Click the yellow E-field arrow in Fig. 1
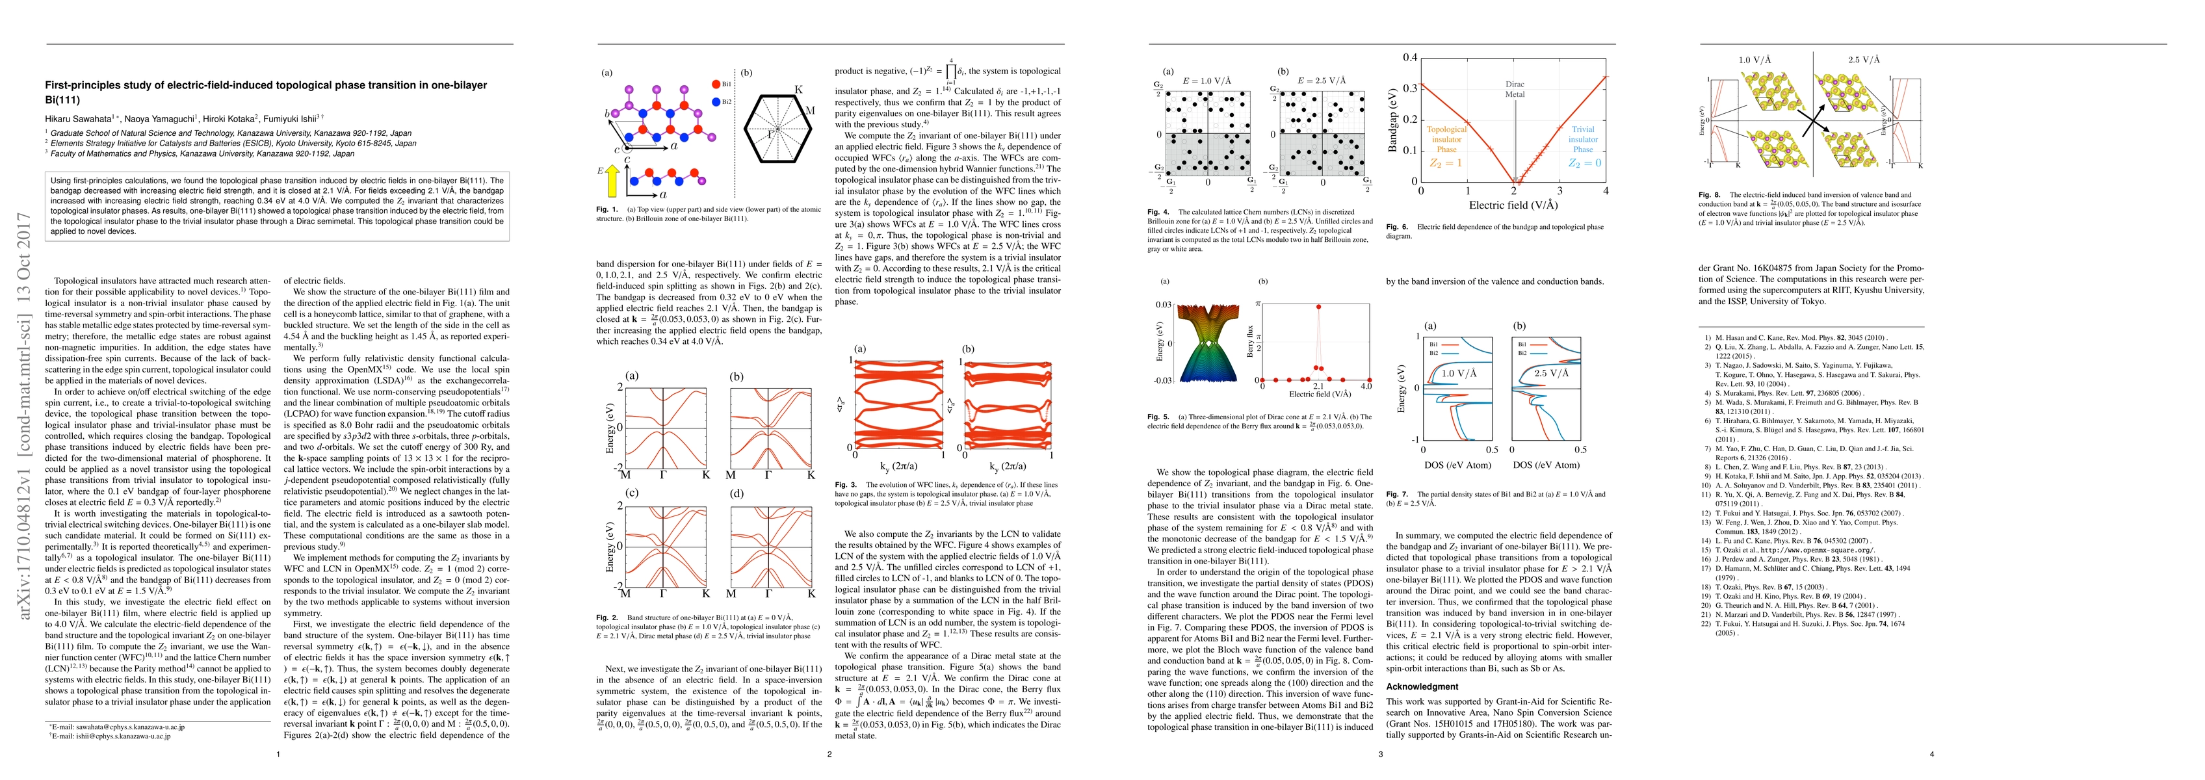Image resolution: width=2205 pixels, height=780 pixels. click(611, 181)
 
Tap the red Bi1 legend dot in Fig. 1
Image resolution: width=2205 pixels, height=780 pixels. click(715, 84)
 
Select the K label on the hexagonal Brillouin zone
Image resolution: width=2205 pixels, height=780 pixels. click(799, 89)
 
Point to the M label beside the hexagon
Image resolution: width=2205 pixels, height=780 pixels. click(810, 110)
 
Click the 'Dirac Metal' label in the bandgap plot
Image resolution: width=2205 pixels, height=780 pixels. click(1515, 89)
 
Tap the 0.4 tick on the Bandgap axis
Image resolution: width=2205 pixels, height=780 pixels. click(1408, 57)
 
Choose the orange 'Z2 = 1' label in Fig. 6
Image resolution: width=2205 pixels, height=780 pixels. click(1446, 162)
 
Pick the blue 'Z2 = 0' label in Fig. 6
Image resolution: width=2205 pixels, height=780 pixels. click(1584, 162)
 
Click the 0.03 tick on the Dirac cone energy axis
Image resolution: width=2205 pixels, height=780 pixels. click(1162, 305)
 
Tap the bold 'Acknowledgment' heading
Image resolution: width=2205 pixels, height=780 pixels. click(1422, 686)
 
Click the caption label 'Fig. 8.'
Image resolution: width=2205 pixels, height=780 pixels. click(1710, 195)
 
